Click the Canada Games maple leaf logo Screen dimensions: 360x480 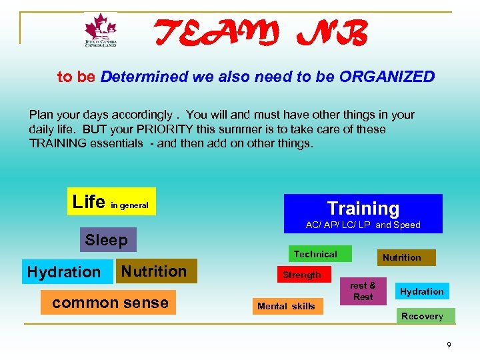tap(101, 31)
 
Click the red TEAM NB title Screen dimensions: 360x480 tap(261, 33)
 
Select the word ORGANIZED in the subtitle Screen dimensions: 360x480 tap(387, 77)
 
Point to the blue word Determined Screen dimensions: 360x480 tap(144, 77)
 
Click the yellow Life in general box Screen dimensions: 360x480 tap(111, 201)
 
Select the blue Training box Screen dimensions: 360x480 tap(363, 213)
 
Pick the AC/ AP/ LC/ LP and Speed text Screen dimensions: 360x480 tap(363, 225)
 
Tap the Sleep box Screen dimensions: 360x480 tap(107, 239)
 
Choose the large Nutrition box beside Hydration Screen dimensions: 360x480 tap(155, 271)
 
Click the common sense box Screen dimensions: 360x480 tap(109, 303)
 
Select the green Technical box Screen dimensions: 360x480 tap(315, 254)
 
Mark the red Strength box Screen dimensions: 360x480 tap(302, 275)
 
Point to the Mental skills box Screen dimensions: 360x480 tap(286, 307)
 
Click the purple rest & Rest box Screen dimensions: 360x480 tap(363, 291)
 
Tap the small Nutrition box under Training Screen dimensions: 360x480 tap(401, 257)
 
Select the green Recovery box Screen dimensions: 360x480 tap(422, 316)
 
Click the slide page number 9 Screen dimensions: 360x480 tap(449, 345)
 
